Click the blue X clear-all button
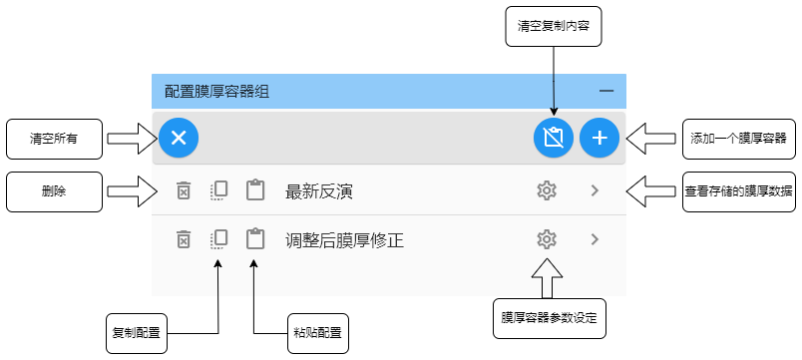(x=179, y=138)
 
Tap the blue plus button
(x=600, y=138)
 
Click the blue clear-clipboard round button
(x=553, y=138)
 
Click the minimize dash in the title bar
(x=606, y=92)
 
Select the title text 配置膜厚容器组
(x=216, y=92)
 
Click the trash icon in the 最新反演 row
(x=184, y=190)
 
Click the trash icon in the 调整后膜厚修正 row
(x=184, y=239)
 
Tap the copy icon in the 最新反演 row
(x=219, y=190)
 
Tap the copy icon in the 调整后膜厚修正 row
(x=219, y=239)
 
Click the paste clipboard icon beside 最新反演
(x=255, y=190)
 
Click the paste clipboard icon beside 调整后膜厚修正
(x=255, y=239)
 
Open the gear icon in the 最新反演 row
(x=546, y=190)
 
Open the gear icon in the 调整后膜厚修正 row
(x=546, y=239)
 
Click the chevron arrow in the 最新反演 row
(x=596, y=190)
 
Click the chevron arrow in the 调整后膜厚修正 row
(x=596, y=239)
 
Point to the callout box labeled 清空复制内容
(x=554, y=28)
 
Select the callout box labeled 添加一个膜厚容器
(x=737, y=139)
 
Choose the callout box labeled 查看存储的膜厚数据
(x=739, y=190)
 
